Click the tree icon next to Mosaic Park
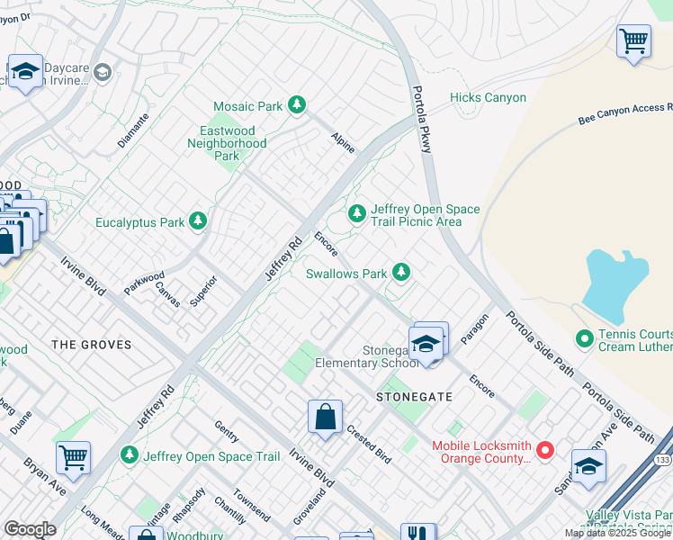[297, 106]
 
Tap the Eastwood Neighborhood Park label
[227, 143]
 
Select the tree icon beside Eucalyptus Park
[198, 222]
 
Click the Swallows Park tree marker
[400, 273]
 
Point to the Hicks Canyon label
[488, 98]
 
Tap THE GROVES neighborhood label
[92, 345]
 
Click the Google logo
[30, 529]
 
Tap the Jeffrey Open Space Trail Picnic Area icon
[357, 214]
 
